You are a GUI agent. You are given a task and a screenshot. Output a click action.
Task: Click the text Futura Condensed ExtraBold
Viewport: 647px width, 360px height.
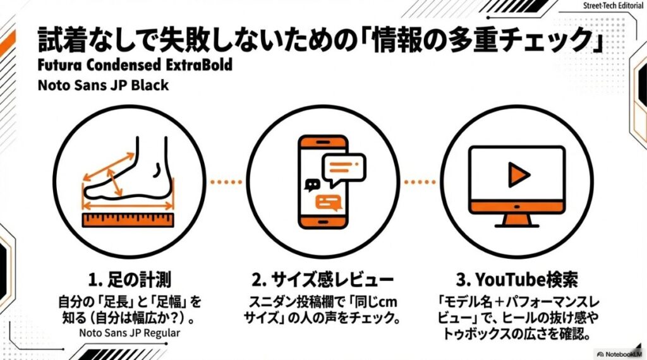pyautogui.click(x=135, y=65)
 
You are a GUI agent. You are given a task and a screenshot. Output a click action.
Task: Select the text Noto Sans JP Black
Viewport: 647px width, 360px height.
pyautogui.click(x=103, y=85)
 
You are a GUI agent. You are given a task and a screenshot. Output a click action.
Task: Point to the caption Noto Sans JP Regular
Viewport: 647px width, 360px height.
pyautogui.click(x=129, y=333)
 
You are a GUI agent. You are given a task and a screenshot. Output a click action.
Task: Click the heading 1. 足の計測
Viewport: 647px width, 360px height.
pyautogui.click(x=130, y=279)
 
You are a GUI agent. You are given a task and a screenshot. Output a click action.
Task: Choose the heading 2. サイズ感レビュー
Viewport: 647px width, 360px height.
pyautogui.click(x=323, y=279)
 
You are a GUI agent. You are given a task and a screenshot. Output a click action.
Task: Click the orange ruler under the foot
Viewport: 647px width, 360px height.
pyautogui.click(x=129, y=220)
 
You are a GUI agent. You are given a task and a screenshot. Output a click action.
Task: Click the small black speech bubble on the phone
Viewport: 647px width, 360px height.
pyautogui.click(x=311, y=185)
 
